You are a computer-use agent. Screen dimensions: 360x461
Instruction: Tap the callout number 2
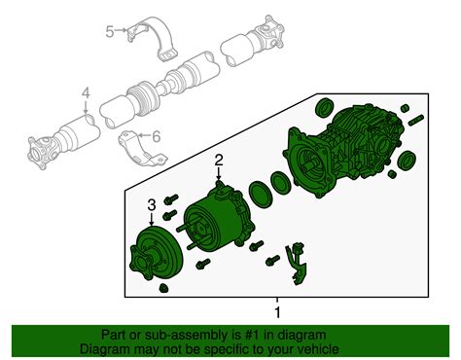[220, 160]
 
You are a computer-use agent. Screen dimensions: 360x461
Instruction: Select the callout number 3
[152, 203]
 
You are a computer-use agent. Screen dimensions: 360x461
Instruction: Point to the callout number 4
[86, 93]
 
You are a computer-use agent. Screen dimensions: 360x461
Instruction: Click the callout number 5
[110, 31]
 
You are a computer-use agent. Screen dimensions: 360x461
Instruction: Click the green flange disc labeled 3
[154, 258]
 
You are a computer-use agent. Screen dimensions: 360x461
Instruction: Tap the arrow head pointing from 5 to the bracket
[127, 31]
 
